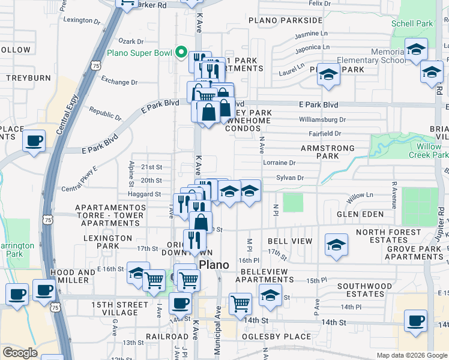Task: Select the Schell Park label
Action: pos(411,24)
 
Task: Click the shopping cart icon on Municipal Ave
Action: pos(241,304)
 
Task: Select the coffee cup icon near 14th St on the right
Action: pos(415,320)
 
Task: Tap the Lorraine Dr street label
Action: pos(279,163)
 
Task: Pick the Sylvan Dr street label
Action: pos(291,178)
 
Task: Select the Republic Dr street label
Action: pos(105,113)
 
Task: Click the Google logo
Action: pos(20,353)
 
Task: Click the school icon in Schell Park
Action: pos(415,50)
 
